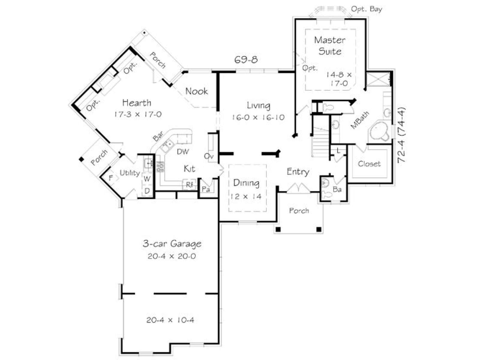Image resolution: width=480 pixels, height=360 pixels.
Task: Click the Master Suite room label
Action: tap(330, 46)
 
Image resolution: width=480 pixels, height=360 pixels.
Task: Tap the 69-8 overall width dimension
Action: tap(246, 59)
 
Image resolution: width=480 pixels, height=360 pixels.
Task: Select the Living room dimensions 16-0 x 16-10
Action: tap(258, 118)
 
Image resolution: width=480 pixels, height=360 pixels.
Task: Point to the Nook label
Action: tap(196, 91)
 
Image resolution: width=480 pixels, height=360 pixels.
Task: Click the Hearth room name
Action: tap(137, 103)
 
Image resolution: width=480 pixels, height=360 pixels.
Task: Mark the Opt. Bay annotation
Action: tap(367, 9)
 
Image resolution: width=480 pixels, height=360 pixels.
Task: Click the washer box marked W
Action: tap(147, 178)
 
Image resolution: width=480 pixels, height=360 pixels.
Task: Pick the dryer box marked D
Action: tap(147, 191)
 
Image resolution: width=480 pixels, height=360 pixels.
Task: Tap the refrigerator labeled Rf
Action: tap(189, 185)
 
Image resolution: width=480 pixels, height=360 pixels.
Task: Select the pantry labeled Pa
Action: tap(206, 189)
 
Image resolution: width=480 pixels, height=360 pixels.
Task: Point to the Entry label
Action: tap(298, 172)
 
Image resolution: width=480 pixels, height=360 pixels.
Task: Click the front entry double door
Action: tap(298, 188)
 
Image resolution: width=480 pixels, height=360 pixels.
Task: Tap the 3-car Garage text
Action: tap(172, 244)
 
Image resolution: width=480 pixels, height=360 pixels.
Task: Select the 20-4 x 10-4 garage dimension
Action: tap(170, 320)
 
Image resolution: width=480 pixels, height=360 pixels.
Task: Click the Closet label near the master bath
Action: tap(369, 164)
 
